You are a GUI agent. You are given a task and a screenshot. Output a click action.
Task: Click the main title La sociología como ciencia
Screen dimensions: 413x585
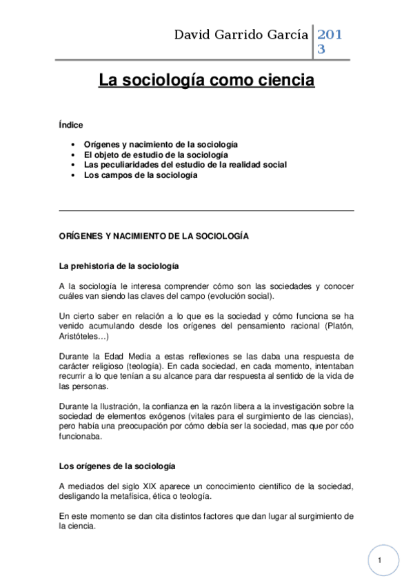click(x=206, y=81)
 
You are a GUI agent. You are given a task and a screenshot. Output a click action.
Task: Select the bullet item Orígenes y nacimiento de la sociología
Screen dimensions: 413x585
click(x=161, y=144)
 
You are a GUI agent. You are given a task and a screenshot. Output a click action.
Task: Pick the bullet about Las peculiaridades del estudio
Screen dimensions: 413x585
click(x=185, y=165)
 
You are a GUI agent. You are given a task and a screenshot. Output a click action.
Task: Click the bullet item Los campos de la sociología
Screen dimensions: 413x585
click(x=141, y=175)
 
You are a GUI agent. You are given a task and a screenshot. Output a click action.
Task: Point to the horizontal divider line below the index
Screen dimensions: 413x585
click(x=207, y=210)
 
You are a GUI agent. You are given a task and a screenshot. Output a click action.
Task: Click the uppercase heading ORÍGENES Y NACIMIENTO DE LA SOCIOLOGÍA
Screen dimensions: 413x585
click(x=154, y=236)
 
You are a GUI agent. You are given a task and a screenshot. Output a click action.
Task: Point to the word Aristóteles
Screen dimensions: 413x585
click(x=80, y=336)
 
